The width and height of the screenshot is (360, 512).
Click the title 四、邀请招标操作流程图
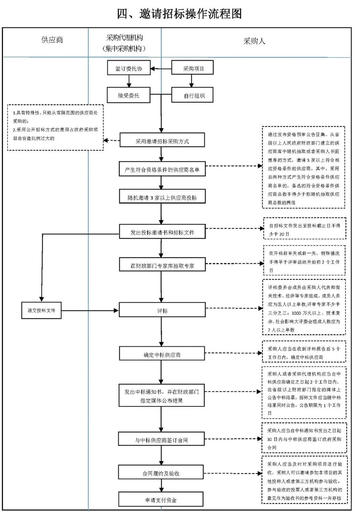click(179, 14)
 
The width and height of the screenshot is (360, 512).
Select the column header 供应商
click(52, 40)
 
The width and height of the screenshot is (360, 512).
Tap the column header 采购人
click(254, 41)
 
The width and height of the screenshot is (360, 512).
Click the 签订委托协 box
click(129, 68)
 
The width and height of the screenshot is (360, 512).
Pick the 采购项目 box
click(192, 68)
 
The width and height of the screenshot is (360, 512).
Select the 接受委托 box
click(129, 95)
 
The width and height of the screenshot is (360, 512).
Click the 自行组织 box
click(192, 95)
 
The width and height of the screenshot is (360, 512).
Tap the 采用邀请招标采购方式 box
click(162, 141)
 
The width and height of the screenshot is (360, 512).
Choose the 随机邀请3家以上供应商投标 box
click(162, 197)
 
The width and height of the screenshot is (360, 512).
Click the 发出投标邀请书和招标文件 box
click(162, 232)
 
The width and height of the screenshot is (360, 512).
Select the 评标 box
click(162, 310)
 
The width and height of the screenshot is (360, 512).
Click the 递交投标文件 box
click(41, 310)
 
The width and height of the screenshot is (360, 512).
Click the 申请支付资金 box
click(161, 500)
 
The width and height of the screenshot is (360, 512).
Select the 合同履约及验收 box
click(161, 473)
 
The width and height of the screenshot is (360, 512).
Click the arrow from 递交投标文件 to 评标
click(90, 311)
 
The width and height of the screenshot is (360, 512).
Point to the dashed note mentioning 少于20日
click(304, 229)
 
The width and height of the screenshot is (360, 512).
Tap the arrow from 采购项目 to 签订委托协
click(161, 69)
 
